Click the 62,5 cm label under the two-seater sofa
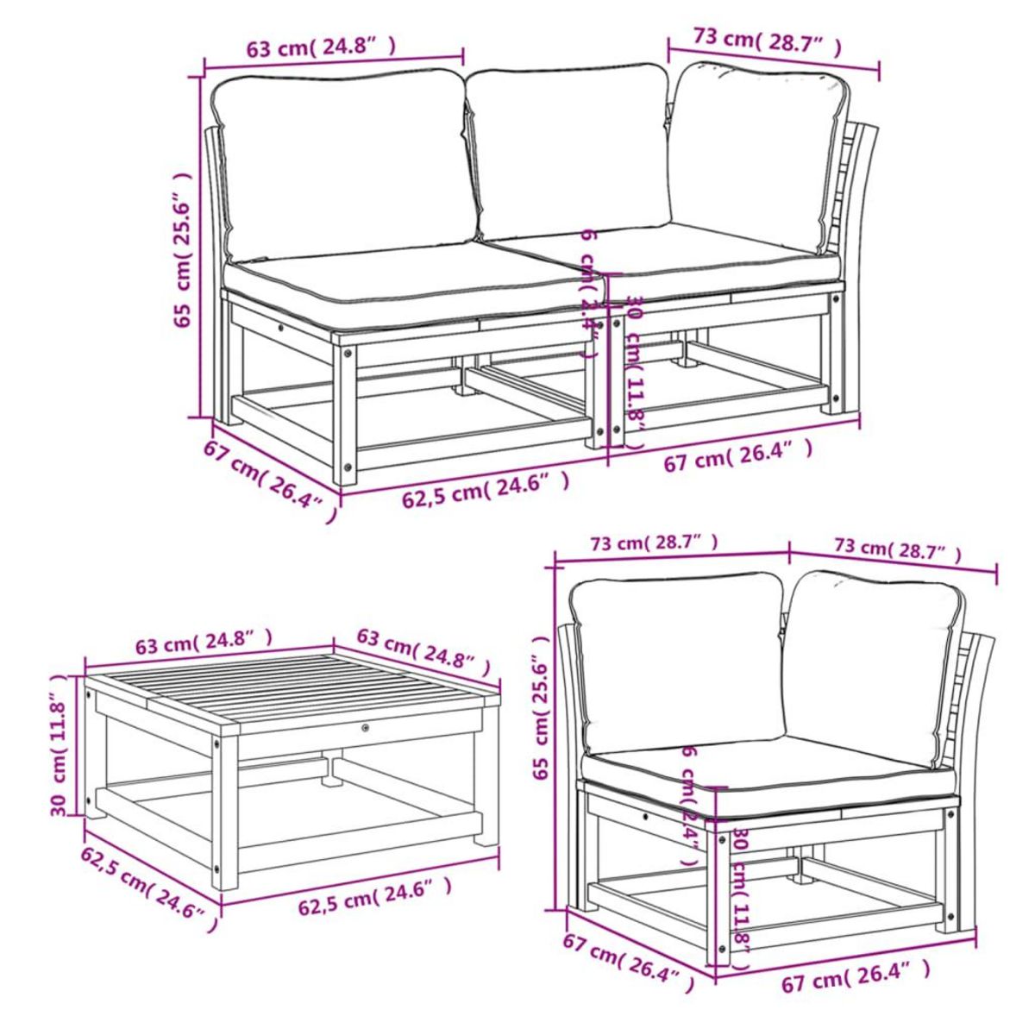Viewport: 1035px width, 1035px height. [x=486, y=493]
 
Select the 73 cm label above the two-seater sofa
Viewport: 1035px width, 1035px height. [x=766, y=41]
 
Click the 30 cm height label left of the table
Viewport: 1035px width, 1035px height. [x=60, y=747]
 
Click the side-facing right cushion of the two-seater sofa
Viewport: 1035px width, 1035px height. [x=755, y=160]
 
